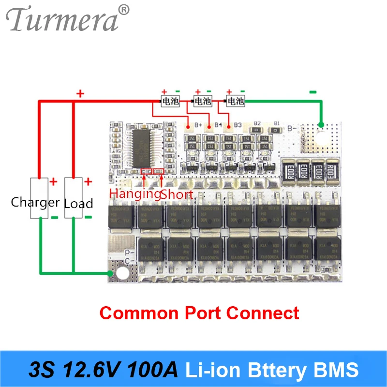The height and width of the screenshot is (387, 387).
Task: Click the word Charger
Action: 35,202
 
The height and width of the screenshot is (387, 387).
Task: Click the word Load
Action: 78,203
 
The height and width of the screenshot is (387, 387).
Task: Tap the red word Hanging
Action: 134,194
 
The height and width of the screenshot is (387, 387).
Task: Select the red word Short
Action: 177,194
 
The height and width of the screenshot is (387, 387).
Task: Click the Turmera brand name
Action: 63,20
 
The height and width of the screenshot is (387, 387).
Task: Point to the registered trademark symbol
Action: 124,9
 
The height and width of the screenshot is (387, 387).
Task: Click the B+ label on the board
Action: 198,125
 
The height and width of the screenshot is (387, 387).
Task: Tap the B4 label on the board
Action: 218,125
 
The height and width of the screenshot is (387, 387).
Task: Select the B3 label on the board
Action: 238,125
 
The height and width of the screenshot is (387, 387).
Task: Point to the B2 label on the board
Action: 257,123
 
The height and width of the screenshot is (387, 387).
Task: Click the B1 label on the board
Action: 276,123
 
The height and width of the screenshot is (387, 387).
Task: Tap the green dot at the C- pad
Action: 111,274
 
